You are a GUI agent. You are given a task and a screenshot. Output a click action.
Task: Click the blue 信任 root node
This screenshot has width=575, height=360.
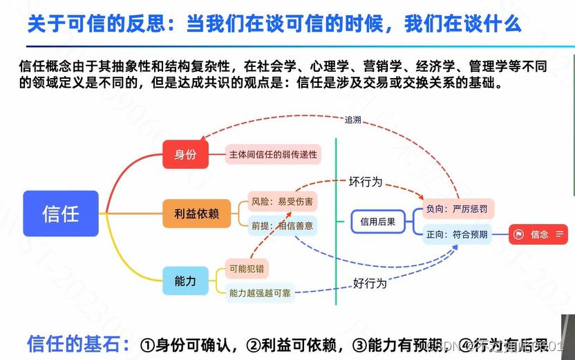pos(61,214)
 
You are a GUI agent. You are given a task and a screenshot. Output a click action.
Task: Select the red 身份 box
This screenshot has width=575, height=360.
pos(185,154)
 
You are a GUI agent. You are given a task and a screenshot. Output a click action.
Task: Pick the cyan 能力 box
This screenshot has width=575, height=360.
pos(185,281)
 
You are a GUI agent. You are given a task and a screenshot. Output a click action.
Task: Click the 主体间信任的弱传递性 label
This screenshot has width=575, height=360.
pos(273,155)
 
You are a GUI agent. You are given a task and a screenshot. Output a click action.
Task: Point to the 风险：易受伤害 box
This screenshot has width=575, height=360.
pos(282,202)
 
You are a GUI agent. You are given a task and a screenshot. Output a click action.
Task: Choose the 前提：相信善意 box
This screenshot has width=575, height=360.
pos(282,225)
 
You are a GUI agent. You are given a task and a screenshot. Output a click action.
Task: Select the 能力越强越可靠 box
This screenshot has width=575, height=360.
pos(261,293)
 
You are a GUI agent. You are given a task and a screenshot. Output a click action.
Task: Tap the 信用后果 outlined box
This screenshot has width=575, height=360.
pos(378,222)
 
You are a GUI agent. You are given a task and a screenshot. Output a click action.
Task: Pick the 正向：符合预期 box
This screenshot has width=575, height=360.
pos(458,234)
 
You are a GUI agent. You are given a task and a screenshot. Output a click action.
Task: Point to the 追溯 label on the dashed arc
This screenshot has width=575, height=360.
pos(352,120)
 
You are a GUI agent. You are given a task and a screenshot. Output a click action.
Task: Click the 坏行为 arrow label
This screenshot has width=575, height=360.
pos(365,182)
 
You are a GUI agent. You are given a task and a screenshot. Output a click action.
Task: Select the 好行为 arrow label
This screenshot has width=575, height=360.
pos(370,283)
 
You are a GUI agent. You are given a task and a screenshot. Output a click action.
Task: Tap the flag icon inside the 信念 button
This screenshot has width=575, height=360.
pos(518,234)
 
